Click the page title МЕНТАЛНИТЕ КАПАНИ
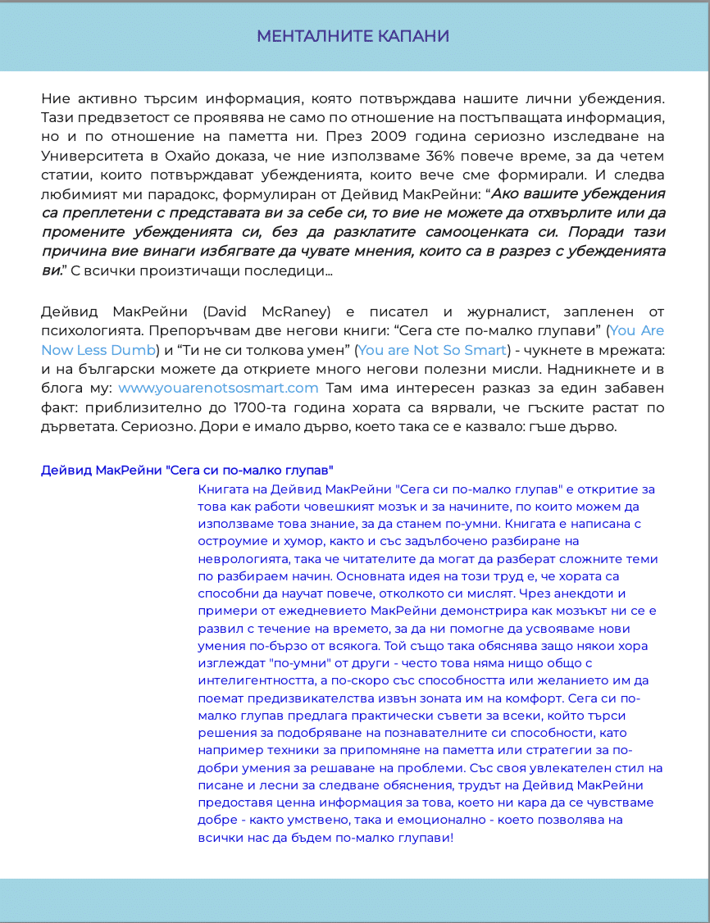(x=353, y=36)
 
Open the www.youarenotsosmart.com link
(x=218, y=387)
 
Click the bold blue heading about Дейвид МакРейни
(x=187, y=471)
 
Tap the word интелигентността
(x=260, y=680)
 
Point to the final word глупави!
(x=425, y=838)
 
